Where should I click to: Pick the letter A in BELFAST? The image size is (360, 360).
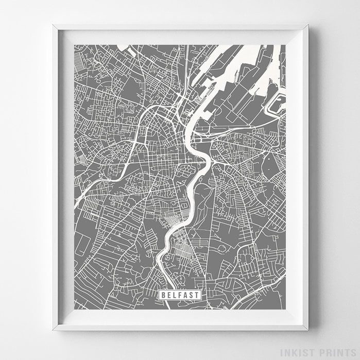185,295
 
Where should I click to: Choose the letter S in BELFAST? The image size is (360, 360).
191,295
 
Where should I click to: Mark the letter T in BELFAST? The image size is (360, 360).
197,295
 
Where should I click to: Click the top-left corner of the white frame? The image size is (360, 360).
53,25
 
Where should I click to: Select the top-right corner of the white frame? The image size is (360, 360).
308,25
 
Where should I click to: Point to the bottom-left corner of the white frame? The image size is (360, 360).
53,330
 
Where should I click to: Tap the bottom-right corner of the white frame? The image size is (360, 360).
308,330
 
